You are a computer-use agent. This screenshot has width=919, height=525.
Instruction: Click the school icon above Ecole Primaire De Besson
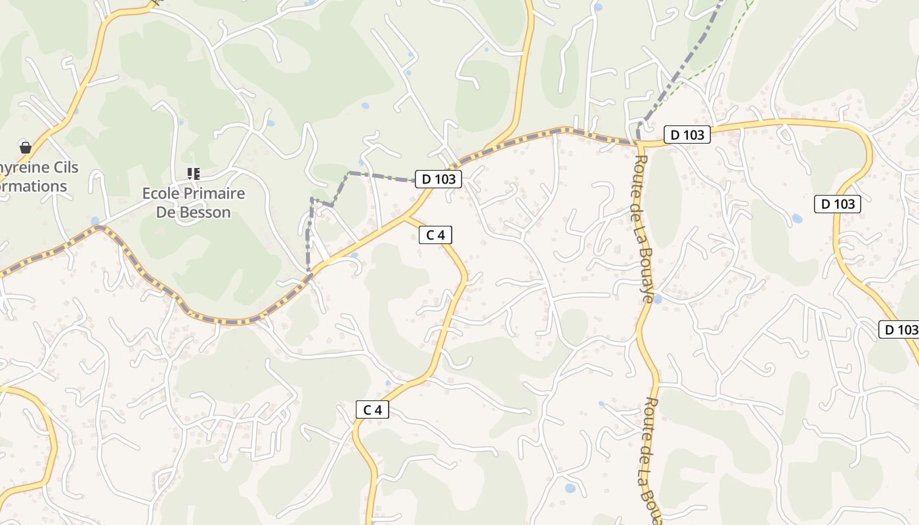[194, 173]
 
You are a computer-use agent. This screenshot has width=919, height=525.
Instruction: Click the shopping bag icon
[26, 147]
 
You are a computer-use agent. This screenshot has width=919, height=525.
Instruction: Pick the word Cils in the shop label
[62, 167]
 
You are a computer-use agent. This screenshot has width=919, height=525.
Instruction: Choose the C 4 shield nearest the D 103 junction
[435, 235]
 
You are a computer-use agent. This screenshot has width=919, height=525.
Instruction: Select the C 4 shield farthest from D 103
[372, 410]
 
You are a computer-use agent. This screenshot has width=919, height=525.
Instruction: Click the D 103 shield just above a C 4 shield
[438, 178]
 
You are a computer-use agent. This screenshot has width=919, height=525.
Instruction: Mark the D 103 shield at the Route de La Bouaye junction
[687, 135]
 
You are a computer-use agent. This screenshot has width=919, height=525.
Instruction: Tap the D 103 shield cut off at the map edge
[900, 329]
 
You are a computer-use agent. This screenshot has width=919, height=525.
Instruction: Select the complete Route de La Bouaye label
[643, 228]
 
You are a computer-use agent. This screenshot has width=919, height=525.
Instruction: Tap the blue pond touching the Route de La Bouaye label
[657, 299]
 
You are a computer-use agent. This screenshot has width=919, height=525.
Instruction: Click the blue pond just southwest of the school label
[96, 220]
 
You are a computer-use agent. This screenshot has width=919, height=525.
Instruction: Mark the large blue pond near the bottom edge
[570, 488]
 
